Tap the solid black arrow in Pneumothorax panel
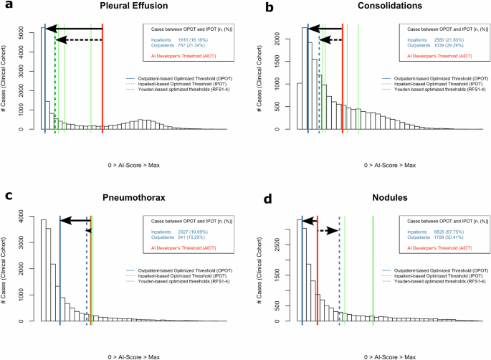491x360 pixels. click(x=75, y=221)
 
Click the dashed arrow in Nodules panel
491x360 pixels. click(x=329, y=231)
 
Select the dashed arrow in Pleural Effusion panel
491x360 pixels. click(x=79, y=39)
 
